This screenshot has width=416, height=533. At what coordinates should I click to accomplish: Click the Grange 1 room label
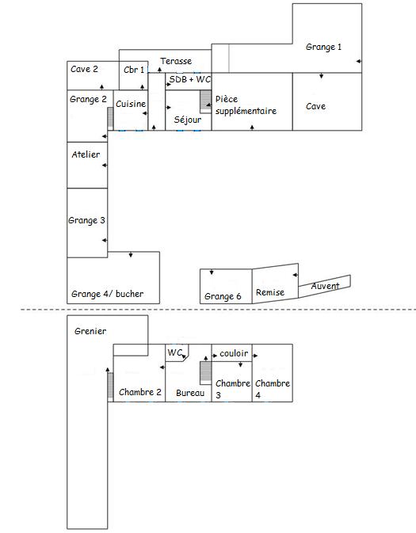pyautogui.click(x=323, y=48)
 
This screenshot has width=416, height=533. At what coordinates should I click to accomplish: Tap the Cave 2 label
pyautogui.click(x=84, y=70)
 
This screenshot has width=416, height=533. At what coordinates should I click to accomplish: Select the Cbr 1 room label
pyautogui.click(x=134, y=70)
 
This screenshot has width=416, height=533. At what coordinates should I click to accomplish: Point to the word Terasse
pyautogui.click(x=176, y=61)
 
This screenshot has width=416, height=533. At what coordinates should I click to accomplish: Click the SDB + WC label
pyautogui.click(x=189, y=80)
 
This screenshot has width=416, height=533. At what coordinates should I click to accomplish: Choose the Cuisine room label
pyautogui.click(x=130, y=104)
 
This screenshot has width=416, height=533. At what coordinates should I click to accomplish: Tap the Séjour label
pyautogui.click(x=188, y=120)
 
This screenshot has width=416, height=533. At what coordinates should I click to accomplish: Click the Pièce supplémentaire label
pyautogui.click(x=246, y=106)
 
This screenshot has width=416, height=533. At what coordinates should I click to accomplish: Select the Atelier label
pyautogui.click(x=86, y=154)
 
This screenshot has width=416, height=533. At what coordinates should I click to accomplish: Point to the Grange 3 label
pyautogui.click(x=87, y=220)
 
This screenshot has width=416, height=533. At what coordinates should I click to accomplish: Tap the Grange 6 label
pyautogui.click(x=223, y=296)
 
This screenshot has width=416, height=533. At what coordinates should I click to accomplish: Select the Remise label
pyautogui.click(x=270, y=293)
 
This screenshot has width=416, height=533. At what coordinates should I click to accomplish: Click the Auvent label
pyautogui.click(x=326, y=285)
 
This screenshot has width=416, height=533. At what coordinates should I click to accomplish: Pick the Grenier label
pyautogui.click(x=90, y=331)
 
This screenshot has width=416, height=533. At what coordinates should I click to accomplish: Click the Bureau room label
pyautogui.click(x=190, y=393)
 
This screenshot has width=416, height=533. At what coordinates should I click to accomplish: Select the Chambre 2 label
pyautogui.click(x=140, y=392)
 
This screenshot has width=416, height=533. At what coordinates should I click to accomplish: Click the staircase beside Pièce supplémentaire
pyautogui.click(x=205, y=101)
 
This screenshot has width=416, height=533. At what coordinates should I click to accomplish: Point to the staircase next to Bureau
pyautogui.click(x=205, y=372)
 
